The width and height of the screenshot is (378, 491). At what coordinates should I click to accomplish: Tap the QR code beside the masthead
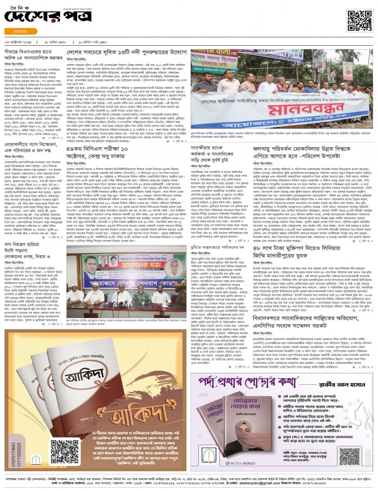point(359,21)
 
